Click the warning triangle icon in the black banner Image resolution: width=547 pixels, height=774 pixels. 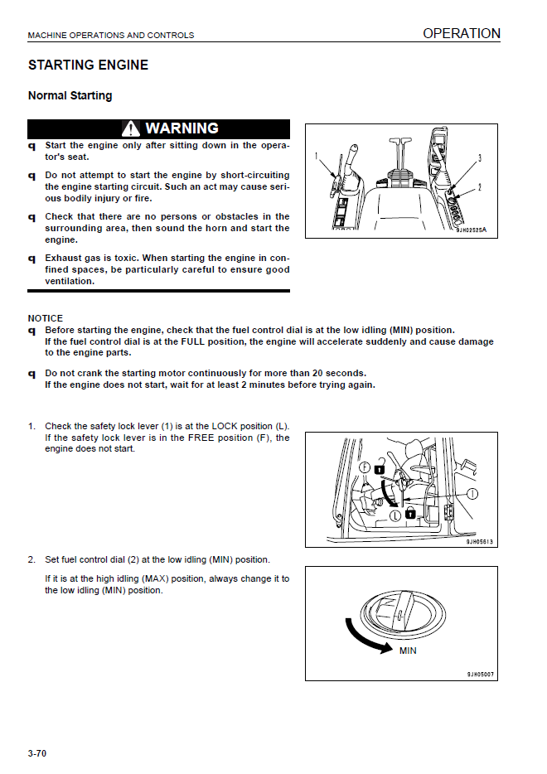tap(131, 129)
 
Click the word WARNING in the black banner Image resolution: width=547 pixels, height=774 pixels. tap(182, 128)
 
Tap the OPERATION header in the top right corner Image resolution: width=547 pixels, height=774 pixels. tap(461, 34)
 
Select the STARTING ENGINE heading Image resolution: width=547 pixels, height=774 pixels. tap(88, 65)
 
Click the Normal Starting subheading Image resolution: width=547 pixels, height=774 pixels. tap(70, 96)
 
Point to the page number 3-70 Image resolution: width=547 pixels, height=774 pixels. tap(36, 753)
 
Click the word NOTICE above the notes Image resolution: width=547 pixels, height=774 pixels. tap(45, 318)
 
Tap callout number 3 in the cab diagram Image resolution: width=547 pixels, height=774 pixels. tap(480, 158)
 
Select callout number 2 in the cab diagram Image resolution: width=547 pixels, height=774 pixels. tap(480, 188)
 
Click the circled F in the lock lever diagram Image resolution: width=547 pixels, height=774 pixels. tap(365, 467)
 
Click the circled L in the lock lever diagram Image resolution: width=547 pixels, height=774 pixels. tap(396, 515)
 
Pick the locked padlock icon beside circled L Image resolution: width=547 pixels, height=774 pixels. tap(409, 515)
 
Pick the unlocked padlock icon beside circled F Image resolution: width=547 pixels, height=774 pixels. tap(379, 467)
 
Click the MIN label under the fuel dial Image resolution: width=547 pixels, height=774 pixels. tap(407, 651)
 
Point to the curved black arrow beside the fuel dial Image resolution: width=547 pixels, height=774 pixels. tap(365, 638)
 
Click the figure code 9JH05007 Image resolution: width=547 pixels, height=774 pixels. tap(480, 675)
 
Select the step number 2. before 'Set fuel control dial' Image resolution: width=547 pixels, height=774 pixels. tap(31, 559)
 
